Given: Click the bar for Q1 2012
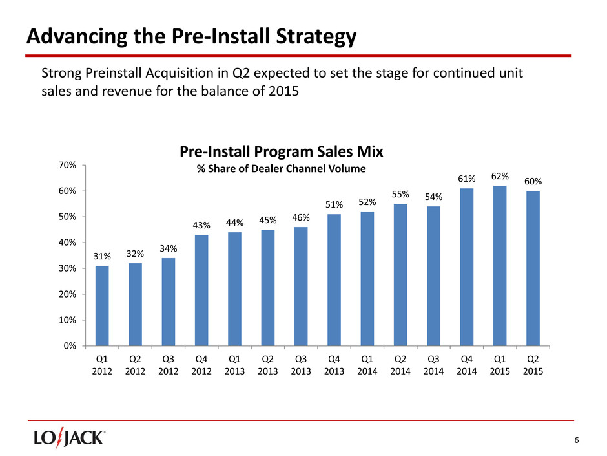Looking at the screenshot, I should (102, 305).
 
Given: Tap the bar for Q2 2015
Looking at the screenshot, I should (533, 268).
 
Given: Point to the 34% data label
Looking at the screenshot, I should (169, 248).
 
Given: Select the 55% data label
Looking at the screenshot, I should (400, 194).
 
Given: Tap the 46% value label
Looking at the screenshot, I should (301, 217).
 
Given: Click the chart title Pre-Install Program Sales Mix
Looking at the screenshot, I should (281, 152).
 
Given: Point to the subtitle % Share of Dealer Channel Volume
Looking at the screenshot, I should (281, 168).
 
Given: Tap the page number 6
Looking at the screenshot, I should (577, 441).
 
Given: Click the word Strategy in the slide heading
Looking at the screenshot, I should (309, 38).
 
